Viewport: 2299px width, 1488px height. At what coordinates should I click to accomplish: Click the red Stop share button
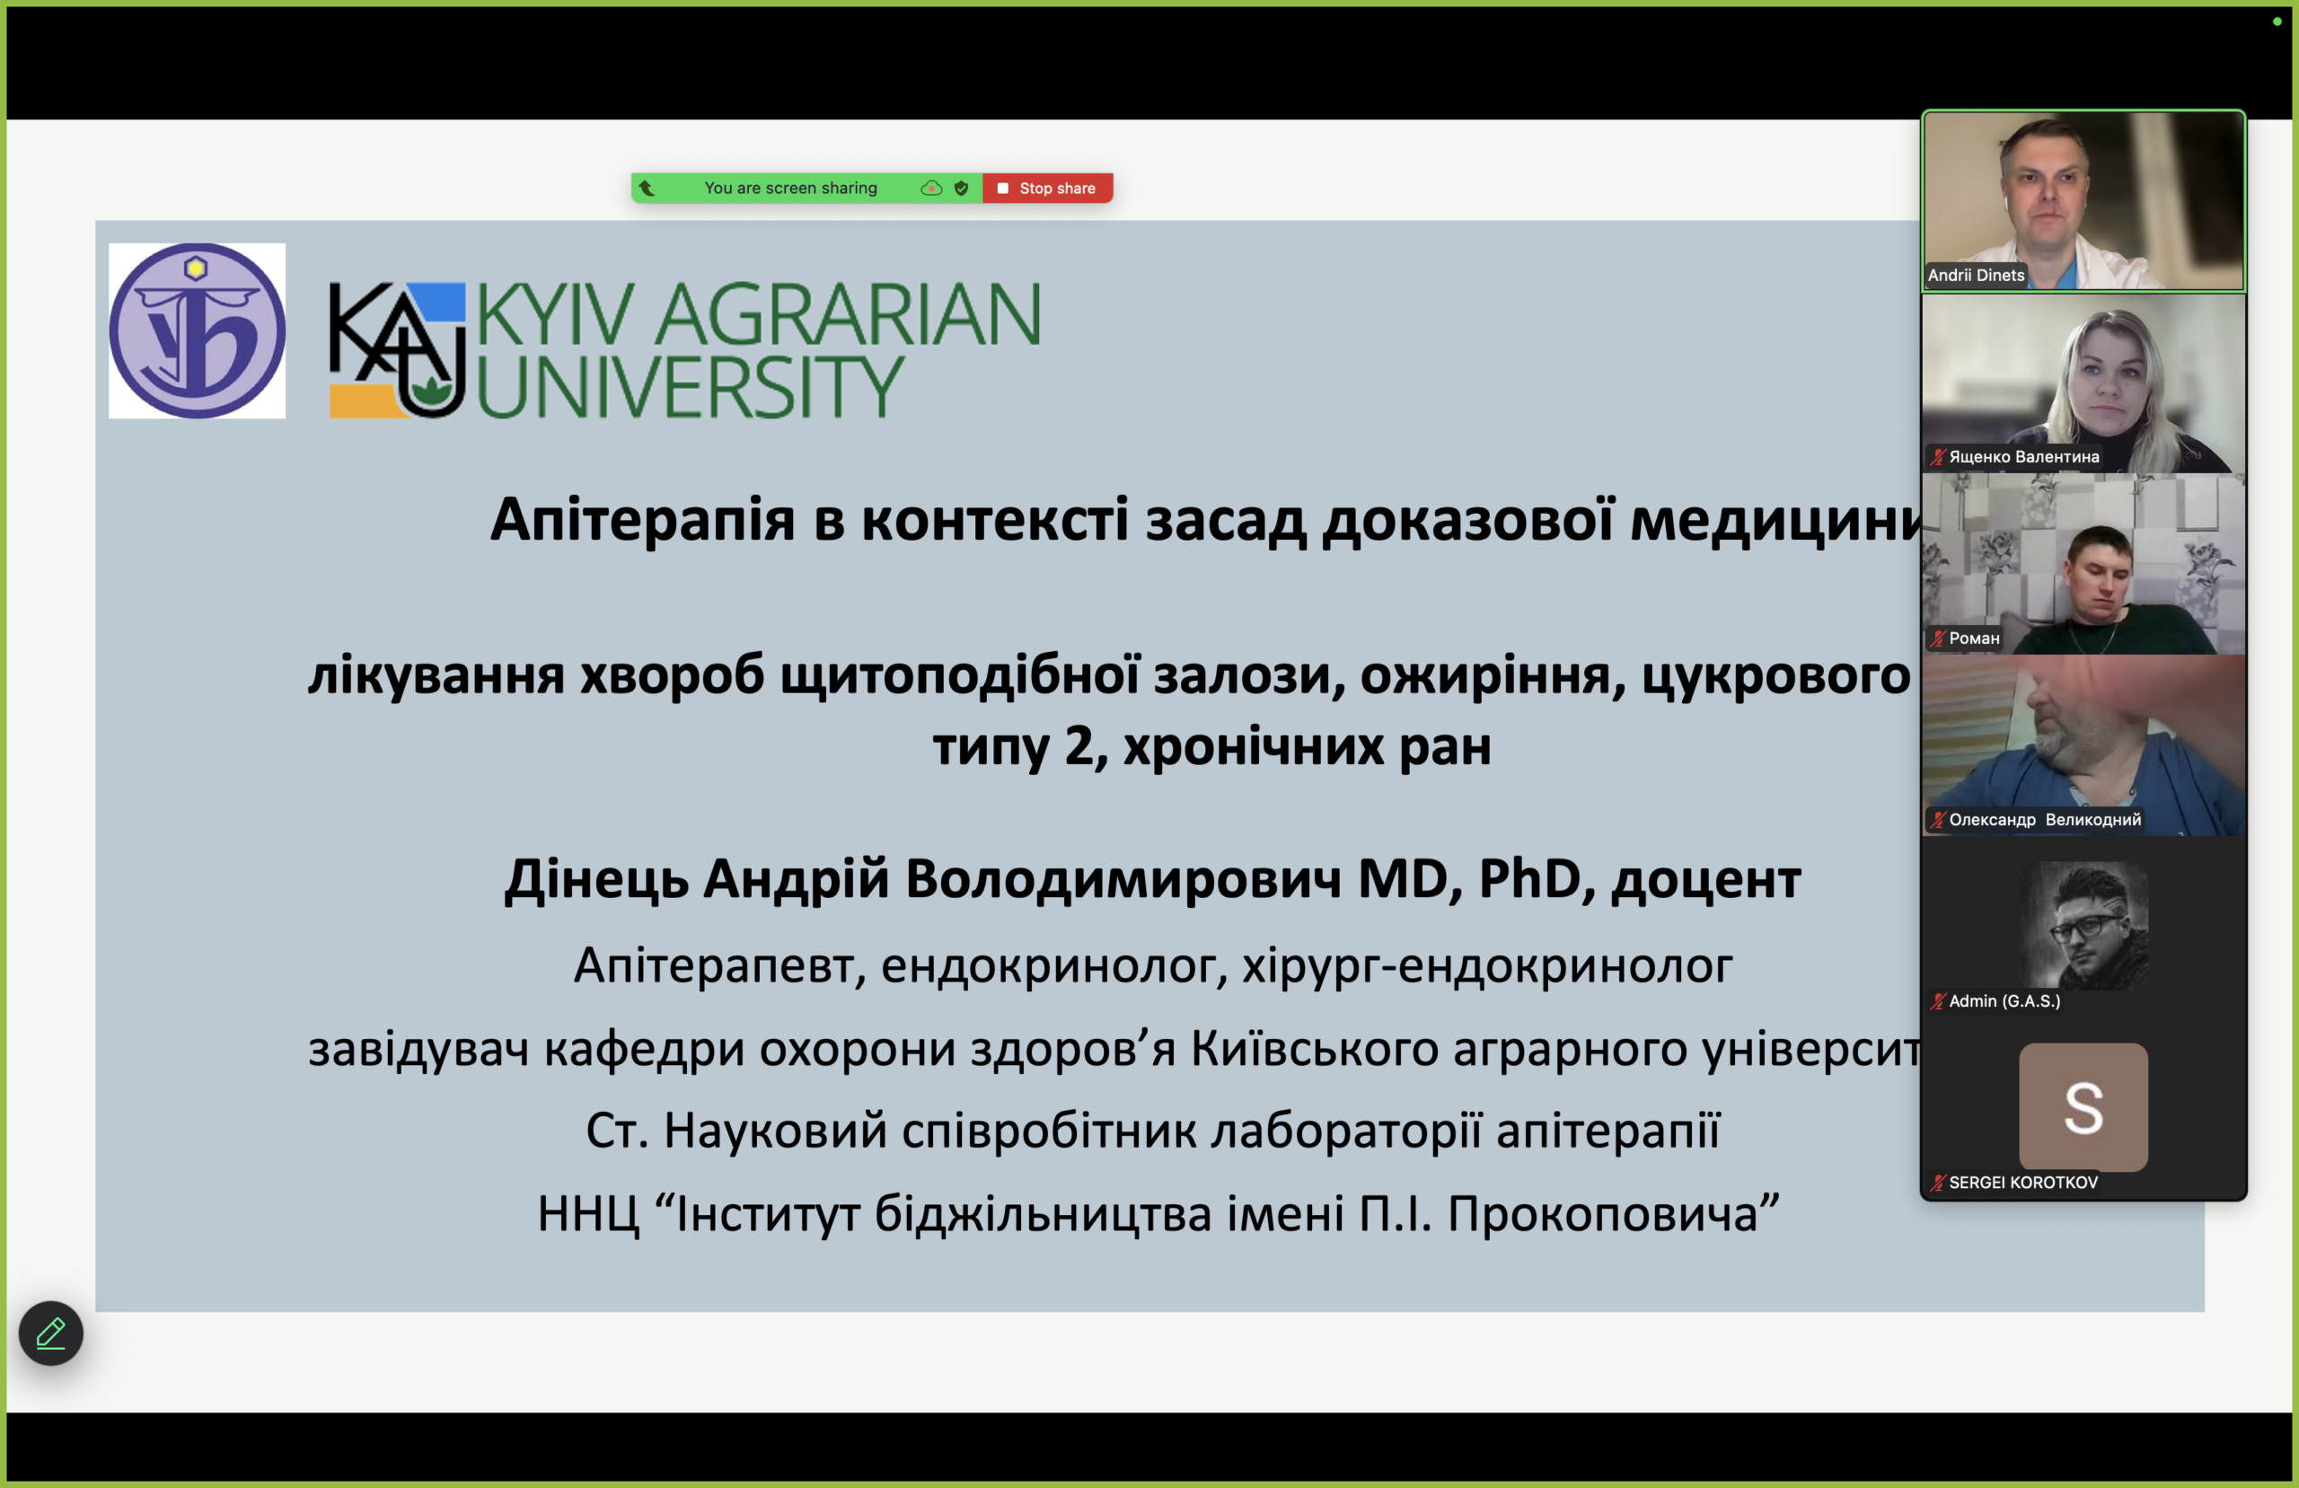[x=1047, y=189]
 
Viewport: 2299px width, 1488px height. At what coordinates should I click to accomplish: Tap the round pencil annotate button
[x=51, y=1334]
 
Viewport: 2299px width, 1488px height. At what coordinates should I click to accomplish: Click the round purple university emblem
[x=197, y=330]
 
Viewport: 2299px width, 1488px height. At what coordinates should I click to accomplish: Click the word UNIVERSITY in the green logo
[x=691, y=386]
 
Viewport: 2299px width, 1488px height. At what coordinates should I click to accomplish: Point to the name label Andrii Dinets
[x=1976, y=276]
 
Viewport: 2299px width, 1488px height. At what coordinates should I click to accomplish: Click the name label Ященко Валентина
[x=2023, y=457]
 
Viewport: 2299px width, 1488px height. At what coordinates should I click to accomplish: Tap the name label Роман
[x=1974, y=638]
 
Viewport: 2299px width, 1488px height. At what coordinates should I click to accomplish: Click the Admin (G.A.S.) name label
[x=2004, y=1002]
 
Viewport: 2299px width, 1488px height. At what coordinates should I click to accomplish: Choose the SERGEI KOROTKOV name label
[x=2022, y=1183]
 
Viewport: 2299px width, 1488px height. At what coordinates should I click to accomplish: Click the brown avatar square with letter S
[x=2083, y=1107]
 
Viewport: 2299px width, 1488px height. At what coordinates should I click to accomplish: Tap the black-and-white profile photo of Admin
[x=2083, y=926]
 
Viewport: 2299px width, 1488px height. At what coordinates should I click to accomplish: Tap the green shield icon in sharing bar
[x=961, y=189]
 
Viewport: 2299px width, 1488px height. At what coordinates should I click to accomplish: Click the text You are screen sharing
[x=790, y=189]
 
